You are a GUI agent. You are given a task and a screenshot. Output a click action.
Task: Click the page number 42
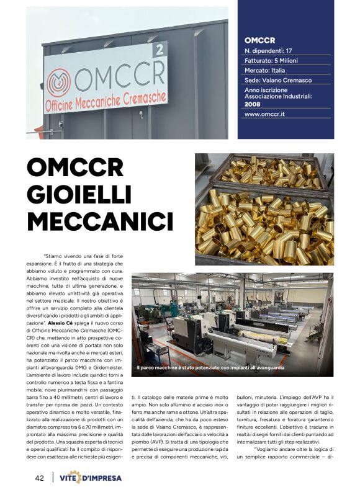coord(39,478)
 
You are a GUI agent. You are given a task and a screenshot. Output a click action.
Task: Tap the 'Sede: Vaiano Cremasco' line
coord(278,81)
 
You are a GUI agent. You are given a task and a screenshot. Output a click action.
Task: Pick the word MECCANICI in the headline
coord(100,221)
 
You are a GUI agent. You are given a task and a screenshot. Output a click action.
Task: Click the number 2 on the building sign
coord(160,50)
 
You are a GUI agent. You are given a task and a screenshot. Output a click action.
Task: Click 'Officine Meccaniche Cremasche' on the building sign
coord(106,100)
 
